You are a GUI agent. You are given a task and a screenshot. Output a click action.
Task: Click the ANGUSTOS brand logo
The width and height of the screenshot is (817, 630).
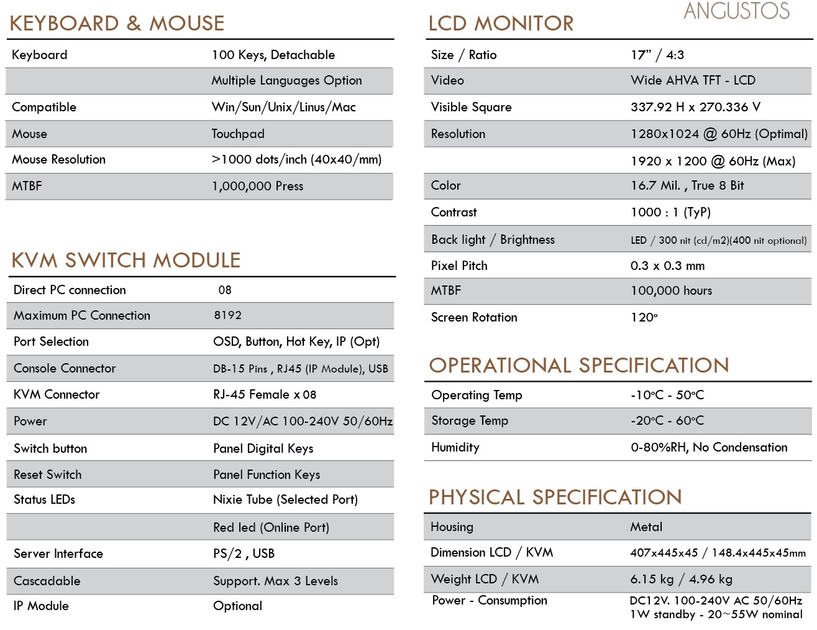(x=736, y=11)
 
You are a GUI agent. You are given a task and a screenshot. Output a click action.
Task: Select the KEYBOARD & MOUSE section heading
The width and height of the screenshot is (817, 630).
(x=117, y=24)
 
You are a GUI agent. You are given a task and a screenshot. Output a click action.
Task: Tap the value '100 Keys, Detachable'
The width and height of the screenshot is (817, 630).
(x=273, y=55)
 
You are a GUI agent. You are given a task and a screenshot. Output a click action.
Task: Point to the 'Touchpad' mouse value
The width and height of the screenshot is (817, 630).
(x=238, y=134)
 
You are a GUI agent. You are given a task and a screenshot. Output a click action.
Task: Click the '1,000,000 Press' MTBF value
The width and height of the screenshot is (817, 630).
(x=257, y=186)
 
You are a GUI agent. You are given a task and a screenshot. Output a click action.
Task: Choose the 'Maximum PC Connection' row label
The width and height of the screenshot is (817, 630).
(x=82, y=315)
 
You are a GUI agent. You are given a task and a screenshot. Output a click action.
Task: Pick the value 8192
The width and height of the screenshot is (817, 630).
(x=228, y=315)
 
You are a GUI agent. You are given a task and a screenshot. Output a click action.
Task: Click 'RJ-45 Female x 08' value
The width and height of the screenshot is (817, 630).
(x=265, y=394)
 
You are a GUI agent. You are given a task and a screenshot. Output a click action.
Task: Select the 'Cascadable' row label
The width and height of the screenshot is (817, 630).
(x=47, y=581)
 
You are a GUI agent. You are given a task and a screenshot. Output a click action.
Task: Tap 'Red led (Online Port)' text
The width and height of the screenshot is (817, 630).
(x=271, y=527)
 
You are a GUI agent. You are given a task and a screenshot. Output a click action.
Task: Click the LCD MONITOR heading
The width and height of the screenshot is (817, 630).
(x=501, y=24)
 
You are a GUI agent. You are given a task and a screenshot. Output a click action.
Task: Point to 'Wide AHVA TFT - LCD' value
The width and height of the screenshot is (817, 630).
(x=693, y=80)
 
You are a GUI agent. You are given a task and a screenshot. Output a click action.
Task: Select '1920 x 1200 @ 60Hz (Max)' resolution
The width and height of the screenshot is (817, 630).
(x=713, y=161)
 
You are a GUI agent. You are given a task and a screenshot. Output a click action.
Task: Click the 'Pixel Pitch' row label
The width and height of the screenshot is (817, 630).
(x=459, y=266)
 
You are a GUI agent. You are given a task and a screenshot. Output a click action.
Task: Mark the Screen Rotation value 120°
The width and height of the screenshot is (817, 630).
(x=644, y=317)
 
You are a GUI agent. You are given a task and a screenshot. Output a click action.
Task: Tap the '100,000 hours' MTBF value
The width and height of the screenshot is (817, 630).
(x=671, y=290)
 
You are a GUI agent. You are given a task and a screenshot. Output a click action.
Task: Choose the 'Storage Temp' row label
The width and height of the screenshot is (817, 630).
(x=470, y=420)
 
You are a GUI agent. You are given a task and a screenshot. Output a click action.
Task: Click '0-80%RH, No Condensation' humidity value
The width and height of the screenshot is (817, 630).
(x=709, y=447)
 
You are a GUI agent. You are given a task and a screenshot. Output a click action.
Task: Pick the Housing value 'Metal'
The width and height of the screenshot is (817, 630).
(x=646, y=527)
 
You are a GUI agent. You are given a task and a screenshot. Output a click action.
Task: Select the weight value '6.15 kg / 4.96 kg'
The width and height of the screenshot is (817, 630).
(x=681, y=579)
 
